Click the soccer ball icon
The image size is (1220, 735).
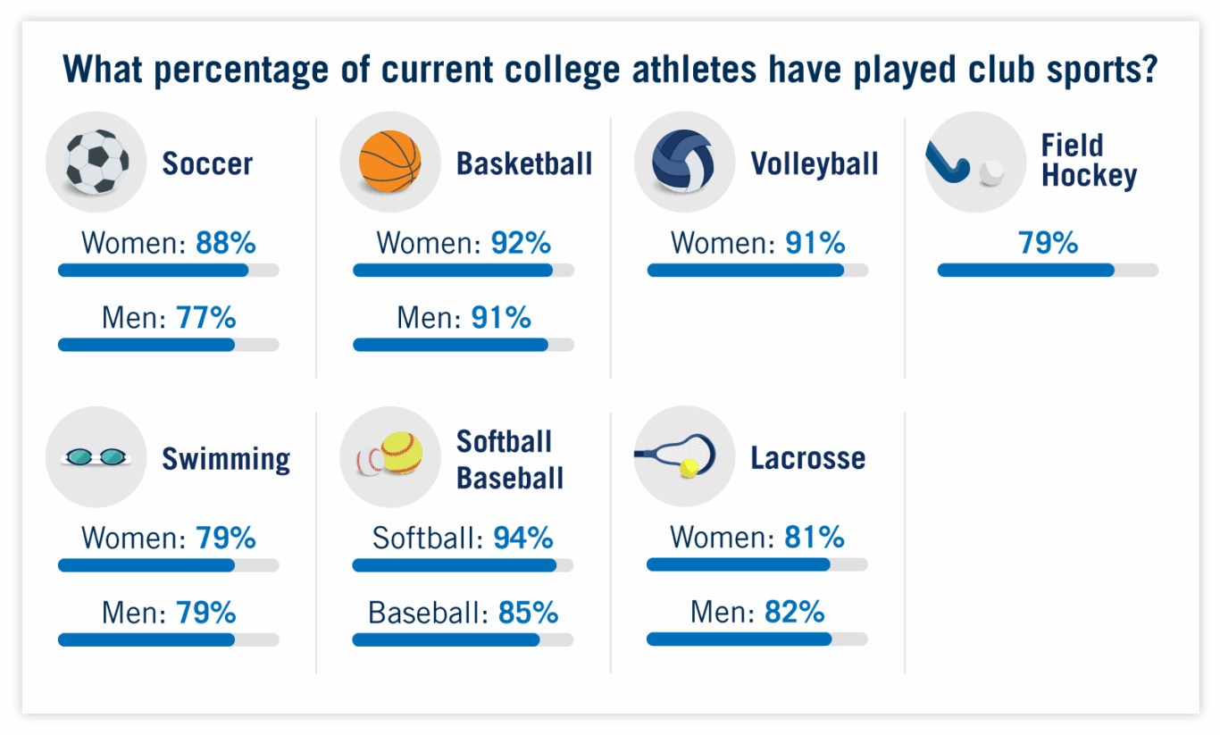[97, 162]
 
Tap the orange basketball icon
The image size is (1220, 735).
[389, 162]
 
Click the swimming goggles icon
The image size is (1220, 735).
[96, 457]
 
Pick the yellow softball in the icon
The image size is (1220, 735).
[401, 453]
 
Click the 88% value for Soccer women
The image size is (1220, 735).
[226, 243]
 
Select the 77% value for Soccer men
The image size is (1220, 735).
[206, 317]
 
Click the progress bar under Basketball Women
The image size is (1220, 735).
[463, 271]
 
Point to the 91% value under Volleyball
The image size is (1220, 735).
[815, 243]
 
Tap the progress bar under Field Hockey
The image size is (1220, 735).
[1047, 271]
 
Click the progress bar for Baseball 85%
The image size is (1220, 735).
[463, 639]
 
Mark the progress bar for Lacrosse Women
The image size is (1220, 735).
[756, 564]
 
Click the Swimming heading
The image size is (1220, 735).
[226, 459]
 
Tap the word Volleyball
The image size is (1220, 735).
[815, 163]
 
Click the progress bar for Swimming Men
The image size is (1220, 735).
[168, 639]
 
